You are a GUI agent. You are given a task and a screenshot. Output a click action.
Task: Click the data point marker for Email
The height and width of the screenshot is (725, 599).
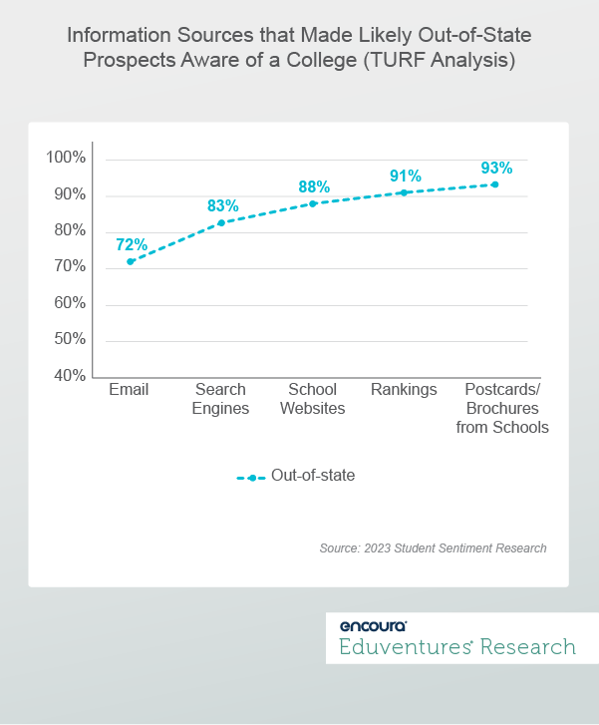131,261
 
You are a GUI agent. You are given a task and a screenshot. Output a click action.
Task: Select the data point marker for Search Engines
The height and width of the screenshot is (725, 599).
221,222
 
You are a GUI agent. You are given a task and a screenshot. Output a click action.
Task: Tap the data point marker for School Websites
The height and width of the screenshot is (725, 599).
313,203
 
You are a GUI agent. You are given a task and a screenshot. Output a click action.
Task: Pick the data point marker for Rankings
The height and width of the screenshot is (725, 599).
404,192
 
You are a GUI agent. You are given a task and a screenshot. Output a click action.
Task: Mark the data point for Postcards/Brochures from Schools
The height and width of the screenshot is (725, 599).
495,184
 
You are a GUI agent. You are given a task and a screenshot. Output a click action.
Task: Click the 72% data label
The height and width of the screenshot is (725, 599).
131,244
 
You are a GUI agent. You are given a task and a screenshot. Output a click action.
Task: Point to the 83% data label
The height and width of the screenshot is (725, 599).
222,205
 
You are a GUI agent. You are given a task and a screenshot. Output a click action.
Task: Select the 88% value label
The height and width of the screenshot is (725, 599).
313,186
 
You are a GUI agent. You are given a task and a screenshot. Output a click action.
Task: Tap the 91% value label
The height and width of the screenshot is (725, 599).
405,176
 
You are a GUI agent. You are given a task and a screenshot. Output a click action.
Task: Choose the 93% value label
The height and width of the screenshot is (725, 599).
495,168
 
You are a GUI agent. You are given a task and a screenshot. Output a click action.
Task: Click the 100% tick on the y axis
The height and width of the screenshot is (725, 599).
66,159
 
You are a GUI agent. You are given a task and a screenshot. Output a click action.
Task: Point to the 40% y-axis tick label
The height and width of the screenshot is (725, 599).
69,376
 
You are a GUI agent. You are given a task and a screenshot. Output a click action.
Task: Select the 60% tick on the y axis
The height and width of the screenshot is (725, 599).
69,303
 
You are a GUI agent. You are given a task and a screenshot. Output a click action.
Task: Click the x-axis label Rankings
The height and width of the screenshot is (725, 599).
404,390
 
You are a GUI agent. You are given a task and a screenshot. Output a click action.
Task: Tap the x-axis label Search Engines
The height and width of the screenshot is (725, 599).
221,399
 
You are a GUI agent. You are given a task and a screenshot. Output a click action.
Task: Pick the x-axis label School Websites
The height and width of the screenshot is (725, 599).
313,399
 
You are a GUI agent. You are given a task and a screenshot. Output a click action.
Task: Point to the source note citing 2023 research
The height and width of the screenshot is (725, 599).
433,548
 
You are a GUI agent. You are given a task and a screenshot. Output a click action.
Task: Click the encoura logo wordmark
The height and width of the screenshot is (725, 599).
373,626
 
